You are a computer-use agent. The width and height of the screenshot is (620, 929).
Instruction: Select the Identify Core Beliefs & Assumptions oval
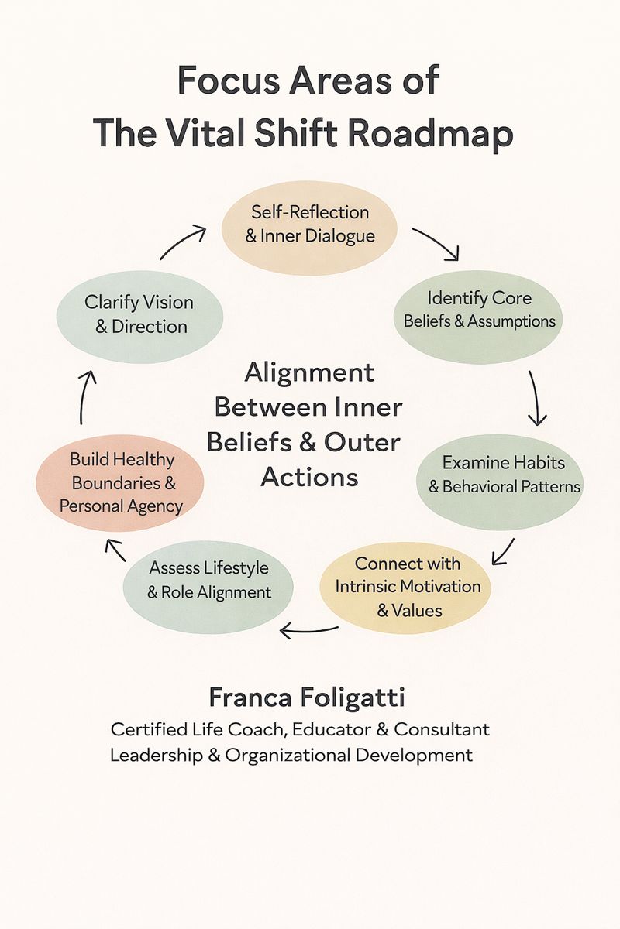click(x=480, y=309)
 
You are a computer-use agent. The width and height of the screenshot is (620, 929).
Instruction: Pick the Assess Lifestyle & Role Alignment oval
click(x=209, y=580)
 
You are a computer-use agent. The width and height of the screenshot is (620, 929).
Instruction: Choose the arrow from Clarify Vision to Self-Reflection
click(x=184, y=241)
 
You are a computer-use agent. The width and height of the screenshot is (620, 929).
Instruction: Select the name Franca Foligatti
click(x=307, y=698)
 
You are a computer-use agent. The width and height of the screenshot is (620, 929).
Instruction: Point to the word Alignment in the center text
click(x=309, y=372)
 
